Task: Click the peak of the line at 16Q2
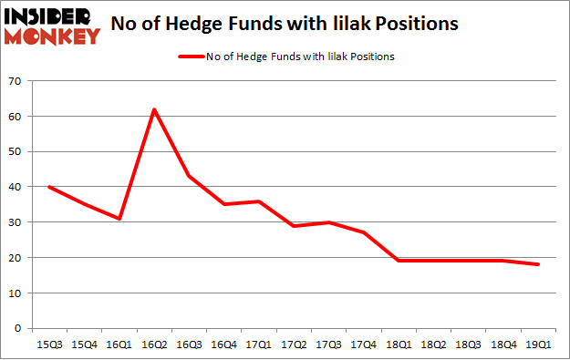(154, 109)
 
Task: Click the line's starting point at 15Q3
(48, 187)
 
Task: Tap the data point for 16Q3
(189, 176)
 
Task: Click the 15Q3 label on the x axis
(48, 345)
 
